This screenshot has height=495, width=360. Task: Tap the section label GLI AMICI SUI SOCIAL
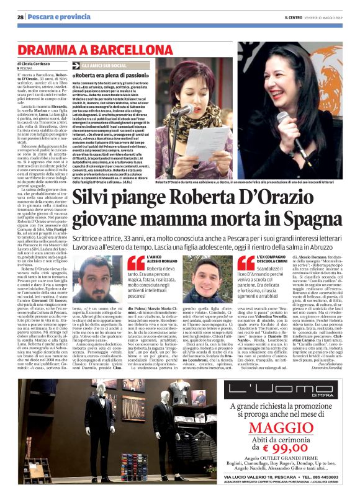(x=106, y=65)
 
